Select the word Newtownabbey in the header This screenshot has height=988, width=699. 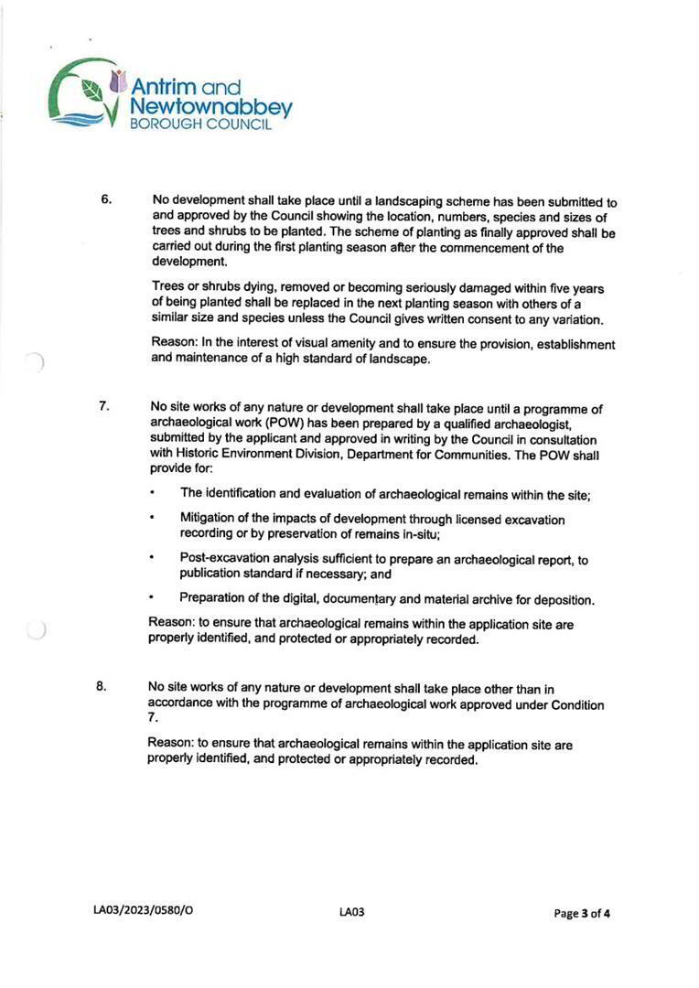[x=211, y=108]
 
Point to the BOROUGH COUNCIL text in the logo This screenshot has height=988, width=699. [x=201, y=125]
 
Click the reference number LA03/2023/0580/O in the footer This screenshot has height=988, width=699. [x=144, y=912]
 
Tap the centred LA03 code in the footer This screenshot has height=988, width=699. [x=351, y=912]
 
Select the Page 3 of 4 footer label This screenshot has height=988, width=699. [x=582, y=913]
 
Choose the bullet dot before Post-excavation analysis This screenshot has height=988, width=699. [x=153, y=557]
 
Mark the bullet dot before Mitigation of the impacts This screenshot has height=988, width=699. [x=152, y=518]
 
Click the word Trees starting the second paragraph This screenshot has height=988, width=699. [x=168, y=287]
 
